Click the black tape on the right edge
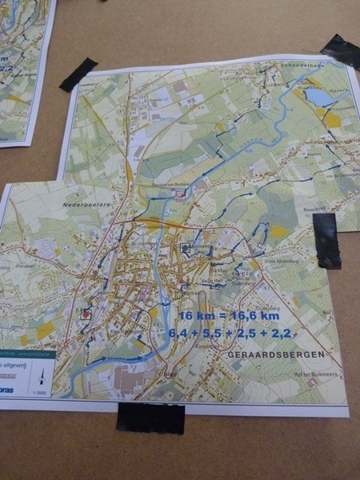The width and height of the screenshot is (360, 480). pyautogui.click(x=326, y=240)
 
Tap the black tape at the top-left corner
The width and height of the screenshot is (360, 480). pyautogui.click(x=78, y=74)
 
